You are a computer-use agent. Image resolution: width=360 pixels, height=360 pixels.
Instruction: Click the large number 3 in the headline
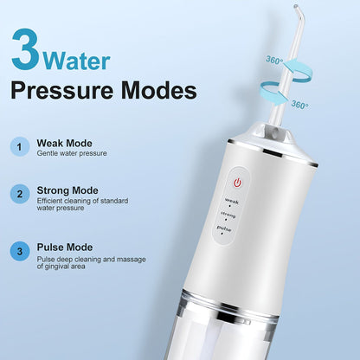click(x=26, y=49)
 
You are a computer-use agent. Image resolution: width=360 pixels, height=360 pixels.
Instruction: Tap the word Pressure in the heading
click(x=62, y=92)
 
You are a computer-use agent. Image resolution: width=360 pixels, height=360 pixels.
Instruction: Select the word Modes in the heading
click(x=159, y=90)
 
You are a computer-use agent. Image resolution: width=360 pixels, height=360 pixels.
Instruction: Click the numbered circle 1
click(x=20, y=147)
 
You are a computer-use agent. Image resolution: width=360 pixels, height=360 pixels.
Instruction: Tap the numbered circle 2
click(x=20, y=194)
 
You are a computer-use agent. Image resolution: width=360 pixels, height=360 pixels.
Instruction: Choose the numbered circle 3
click(x=20, y=251)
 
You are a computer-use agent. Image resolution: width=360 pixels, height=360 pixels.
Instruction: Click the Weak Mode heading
click(x=64, y=143)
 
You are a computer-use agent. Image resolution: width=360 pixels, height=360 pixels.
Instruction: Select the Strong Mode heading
click(x=67, y=190)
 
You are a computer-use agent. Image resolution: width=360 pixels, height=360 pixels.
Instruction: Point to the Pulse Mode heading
click(x=65, y=247)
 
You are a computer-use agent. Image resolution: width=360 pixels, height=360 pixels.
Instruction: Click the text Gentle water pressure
click(x=72, y=153)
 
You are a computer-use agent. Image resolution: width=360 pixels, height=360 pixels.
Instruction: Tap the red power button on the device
click(x=237, y=183)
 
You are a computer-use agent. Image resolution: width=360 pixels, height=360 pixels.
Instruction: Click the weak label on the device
click(x=232, y=201)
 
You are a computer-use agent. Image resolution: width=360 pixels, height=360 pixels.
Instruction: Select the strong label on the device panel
click(x=228, y=215)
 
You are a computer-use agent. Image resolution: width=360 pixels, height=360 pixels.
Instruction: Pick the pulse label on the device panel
click(x=224, y=228)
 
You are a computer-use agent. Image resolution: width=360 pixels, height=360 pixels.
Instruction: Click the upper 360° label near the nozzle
click(x=274, y=60)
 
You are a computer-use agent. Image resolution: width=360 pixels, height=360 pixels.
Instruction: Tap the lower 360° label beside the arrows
click(x=299, y=104)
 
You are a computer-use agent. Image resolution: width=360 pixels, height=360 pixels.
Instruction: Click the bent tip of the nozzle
click(x=296, y=7)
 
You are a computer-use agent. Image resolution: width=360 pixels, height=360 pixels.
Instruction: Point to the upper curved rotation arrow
click(x=297, y=71)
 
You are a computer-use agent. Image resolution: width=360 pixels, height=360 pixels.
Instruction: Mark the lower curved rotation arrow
click(x=273, y=93)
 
